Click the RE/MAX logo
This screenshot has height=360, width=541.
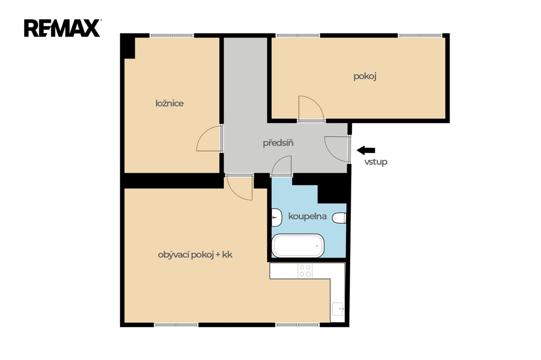[x=62, y=29]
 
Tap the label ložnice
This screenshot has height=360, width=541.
[x=170, y=103]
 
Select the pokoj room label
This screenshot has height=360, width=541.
[x=365, y=76]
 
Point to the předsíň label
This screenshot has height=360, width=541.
[x=278, y=143]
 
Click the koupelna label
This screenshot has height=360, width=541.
[x=307, y=216]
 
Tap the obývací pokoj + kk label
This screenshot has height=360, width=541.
[x=195, y=255]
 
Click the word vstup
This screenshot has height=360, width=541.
[x=376, y=162]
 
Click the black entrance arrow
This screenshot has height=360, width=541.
[x=366, y=150]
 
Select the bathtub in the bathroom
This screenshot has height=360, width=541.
[x=298, y=245]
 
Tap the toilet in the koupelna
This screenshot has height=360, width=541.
[x=340, y=218]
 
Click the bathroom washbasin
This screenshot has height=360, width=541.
[x=277, y=217]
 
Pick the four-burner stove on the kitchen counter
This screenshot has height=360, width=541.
[x=305, y=271]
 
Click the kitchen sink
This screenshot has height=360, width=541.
[x=338, y=309]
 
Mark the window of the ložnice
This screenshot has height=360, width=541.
[x=172, y=35]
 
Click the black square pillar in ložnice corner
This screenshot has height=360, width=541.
[x=129, y=48]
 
